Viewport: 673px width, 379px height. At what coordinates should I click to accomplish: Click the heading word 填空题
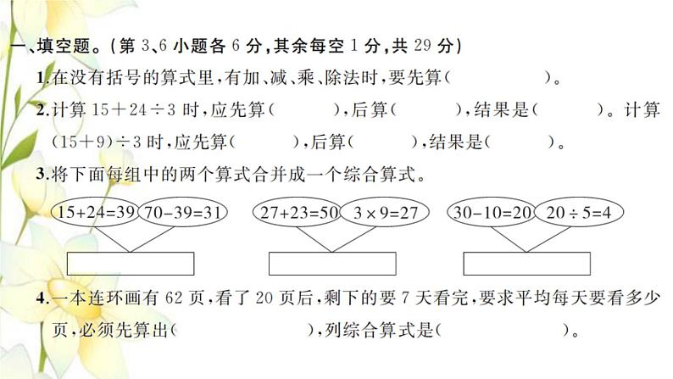coord(64,46)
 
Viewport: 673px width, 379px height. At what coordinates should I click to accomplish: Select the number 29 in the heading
coord(423,45)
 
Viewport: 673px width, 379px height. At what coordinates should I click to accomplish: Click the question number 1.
coord(41,78)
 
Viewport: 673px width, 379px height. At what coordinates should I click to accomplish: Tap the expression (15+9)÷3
coord(96,142)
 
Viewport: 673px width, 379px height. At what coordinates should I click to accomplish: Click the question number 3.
coord(41,174)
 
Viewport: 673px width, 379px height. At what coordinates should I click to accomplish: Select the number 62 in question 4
coord(174,298)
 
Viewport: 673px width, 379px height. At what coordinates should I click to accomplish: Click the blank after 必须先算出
coord(242,330)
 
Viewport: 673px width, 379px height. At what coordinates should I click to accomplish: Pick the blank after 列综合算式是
coord(502,330)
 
